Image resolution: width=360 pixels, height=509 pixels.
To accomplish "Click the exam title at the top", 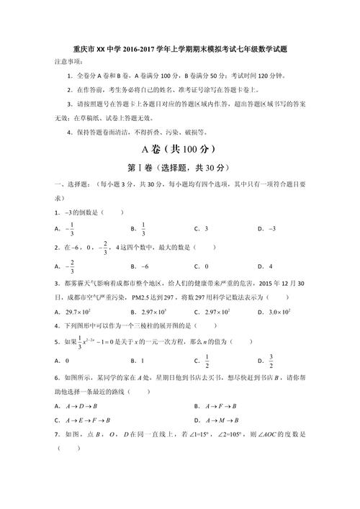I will click(180, 50).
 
